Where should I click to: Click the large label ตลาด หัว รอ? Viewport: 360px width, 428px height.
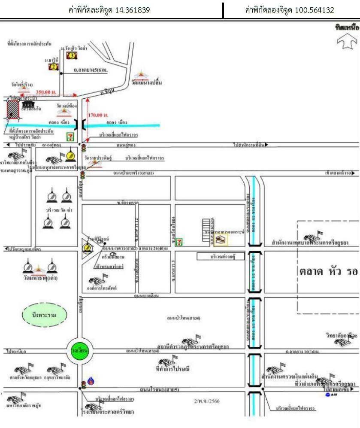coord(328,272)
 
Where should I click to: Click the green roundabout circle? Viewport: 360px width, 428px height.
coord(80,351)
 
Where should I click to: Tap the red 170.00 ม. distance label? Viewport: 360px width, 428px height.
coord(98,115)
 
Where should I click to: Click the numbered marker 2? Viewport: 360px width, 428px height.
coord(53,67)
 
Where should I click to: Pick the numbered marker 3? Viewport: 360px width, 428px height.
coord(72,55)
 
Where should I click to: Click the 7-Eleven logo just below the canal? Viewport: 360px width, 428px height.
coord(70,137)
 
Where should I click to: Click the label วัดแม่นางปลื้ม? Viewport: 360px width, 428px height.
coord(147,82)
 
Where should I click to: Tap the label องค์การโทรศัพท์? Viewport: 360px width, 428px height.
coord(106,288)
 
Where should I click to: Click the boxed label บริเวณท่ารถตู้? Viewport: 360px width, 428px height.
coord(221,256)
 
